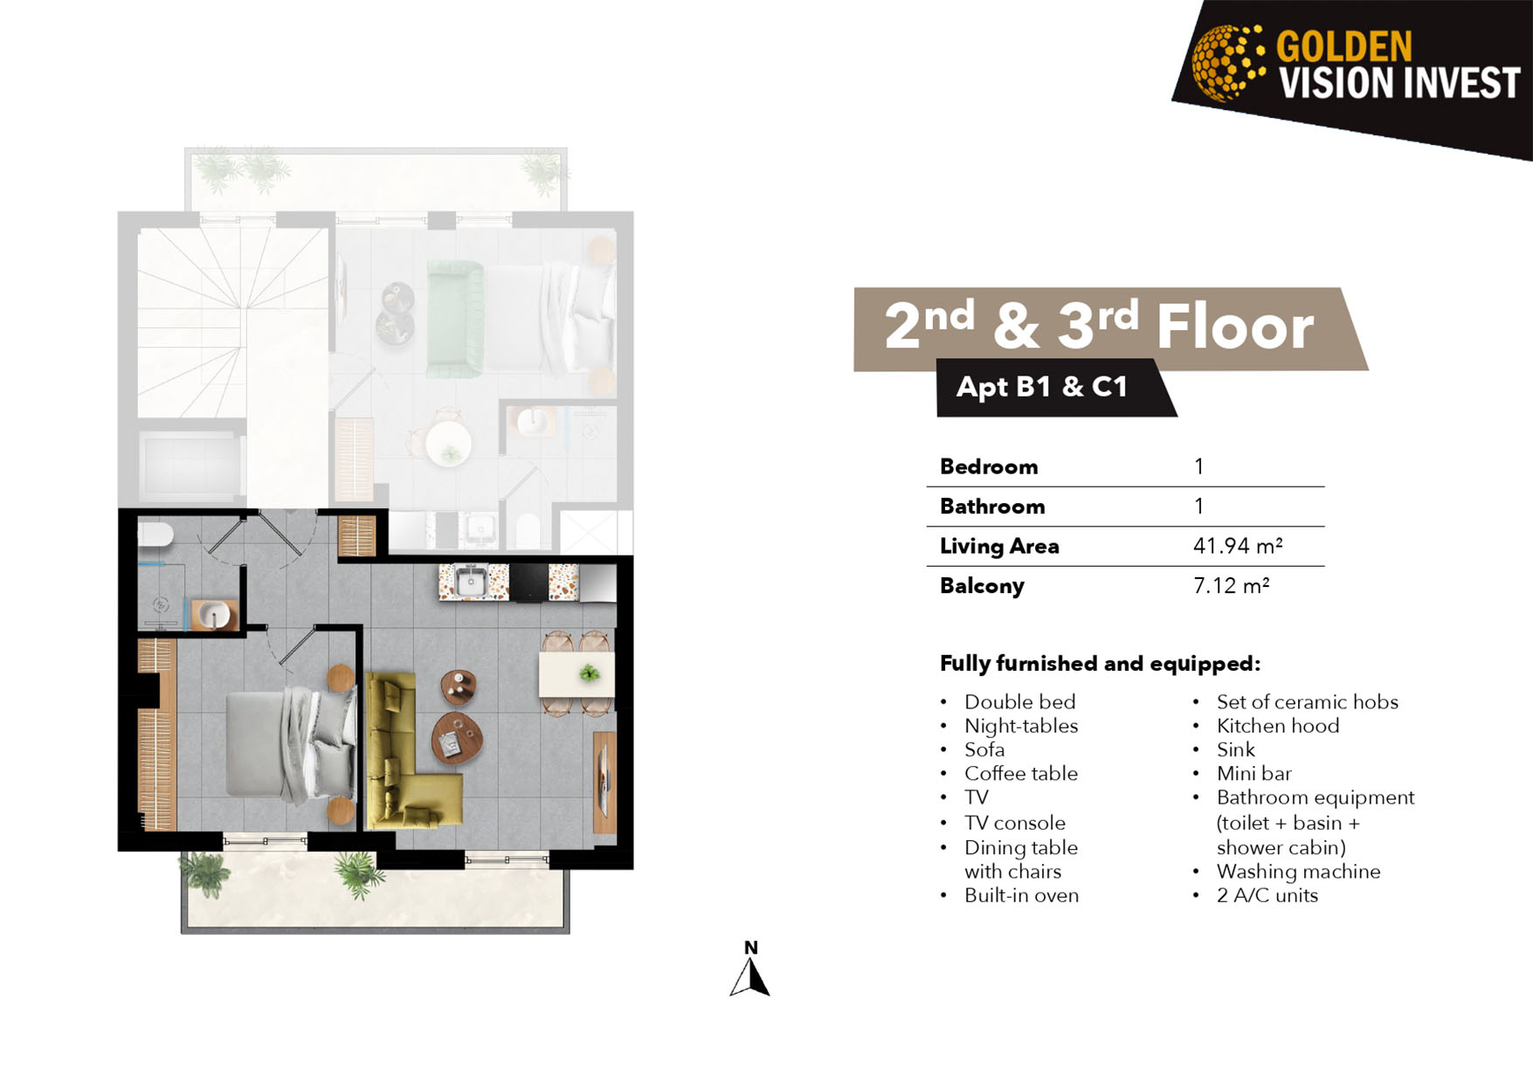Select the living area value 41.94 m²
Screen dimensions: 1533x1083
click(1238, 546)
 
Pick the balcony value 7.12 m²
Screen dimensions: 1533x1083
click(1231, 585)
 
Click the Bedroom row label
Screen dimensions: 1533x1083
click(989, 466)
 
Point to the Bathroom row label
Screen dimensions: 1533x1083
click(992, 507)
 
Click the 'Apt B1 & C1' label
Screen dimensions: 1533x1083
click(1042, 386)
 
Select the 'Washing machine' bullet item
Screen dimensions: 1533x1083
click(1298, 871)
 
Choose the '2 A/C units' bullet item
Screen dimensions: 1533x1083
click(1267, 895)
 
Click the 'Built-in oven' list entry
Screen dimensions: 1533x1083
click(1021, 895)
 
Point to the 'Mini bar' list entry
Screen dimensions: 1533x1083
click(1253, 773)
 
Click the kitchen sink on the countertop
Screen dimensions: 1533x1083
click(472, 582)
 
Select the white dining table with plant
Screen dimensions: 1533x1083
click(577, 673)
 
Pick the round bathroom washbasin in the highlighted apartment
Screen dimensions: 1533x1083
click(213, 614)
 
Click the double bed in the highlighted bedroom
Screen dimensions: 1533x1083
click(291, 744)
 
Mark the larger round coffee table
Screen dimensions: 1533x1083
click(458, 738)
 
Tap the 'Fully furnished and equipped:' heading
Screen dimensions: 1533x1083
click(1100, 664)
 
